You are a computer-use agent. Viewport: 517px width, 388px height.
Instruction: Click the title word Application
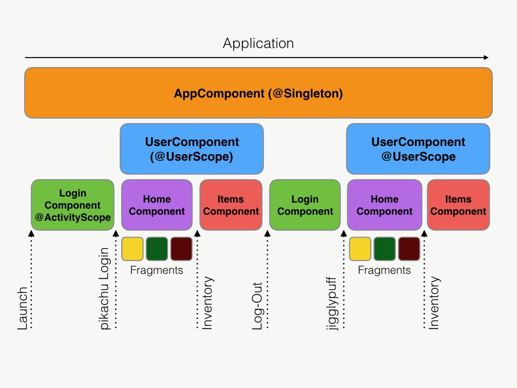coord(258,43)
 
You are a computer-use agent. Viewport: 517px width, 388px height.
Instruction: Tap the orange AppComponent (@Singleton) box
coord(258,93)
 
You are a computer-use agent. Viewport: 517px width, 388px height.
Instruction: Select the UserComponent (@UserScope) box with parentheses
coord(192,149)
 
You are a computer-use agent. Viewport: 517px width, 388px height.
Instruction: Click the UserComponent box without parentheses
coord(418,149)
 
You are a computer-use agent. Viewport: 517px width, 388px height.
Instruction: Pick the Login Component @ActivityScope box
coord(73,205)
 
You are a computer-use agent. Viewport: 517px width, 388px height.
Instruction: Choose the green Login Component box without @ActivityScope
coord(305,205)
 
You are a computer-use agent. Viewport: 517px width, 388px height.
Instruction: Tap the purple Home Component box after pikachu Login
coord(157,205)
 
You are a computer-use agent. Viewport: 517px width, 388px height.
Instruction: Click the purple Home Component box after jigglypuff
coord(384,205)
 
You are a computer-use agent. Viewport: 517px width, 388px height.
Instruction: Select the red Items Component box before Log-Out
coord(231,205)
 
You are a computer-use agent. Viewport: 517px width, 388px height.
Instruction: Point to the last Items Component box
coord(458,205)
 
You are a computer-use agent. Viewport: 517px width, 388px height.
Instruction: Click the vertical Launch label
coord(23,308)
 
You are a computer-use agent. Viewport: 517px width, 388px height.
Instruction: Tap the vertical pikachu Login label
coord(105,288)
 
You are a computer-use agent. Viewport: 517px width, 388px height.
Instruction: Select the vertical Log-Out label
coord(258,305)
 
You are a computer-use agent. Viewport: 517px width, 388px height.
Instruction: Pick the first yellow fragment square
coord(132,249)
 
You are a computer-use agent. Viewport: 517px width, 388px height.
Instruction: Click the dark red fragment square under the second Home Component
coord(409,249)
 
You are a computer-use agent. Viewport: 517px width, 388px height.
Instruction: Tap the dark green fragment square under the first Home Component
coord(157,249)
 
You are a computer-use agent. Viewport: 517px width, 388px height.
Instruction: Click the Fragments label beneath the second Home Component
coord(384,270)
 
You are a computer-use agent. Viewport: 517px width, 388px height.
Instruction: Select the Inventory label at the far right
coord(434,303)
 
